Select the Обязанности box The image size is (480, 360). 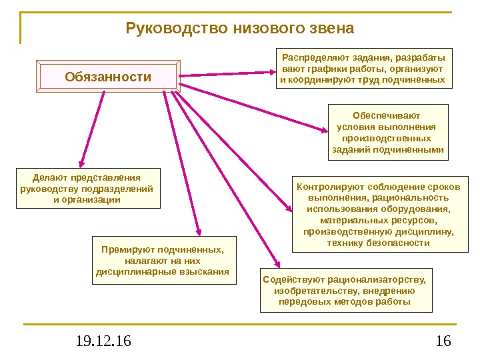(108, 77)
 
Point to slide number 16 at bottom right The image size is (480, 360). (443, 342)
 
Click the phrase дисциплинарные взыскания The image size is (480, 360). (163, 272)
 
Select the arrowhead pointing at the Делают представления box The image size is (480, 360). (82, 162)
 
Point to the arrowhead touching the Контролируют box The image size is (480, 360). (289, 209)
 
